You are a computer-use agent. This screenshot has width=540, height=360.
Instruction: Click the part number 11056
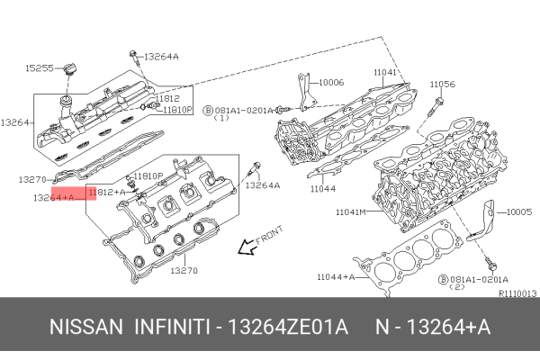442,84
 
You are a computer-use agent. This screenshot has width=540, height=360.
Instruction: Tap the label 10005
520,212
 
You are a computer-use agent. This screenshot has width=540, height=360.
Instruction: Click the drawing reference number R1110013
517,293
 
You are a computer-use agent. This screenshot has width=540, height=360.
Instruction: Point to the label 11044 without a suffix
323,190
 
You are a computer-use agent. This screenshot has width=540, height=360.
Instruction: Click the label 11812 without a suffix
168,97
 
